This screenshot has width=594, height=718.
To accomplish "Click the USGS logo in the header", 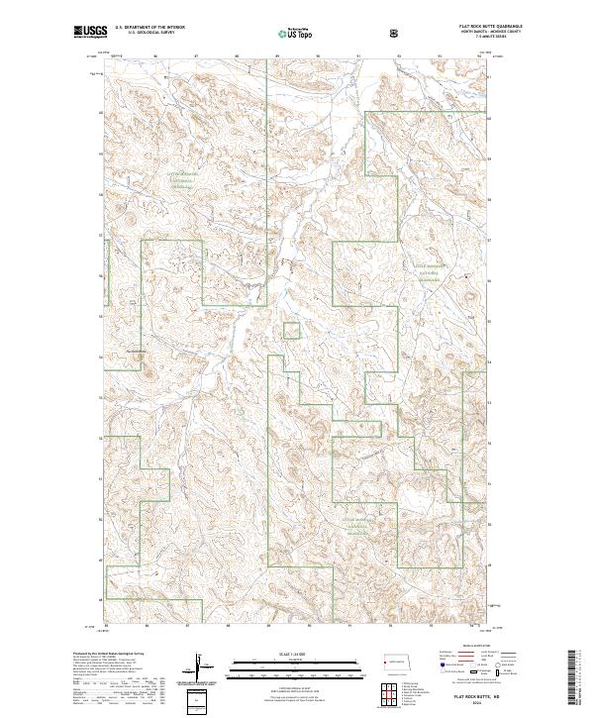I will [x=90, y=33].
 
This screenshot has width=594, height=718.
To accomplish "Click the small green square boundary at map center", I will [x=291, y=331].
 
